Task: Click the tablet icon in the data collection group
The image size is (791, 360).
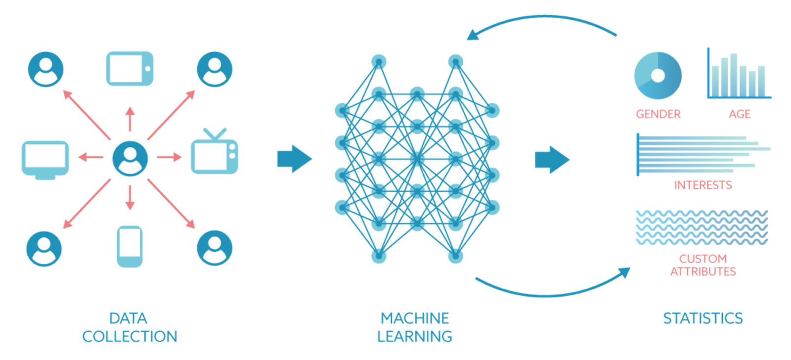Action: (130, 69)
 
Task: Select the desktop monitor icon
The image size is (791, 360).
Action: (45, 159)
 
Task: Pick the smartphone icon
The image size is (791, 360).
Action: (130, 246)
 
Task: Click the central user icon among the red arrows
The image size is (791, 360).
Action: (130, 158)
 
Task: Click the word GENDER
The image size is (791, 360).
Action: (658, 114)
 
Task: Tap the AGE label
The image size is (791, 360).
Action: (739, 114)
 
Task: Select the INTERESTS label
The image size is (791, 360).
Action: (703, 185)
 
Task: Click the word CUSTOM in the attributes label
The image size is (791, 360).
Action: (703, 259)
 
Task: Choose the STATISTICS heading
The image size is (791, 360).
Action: (703, 318)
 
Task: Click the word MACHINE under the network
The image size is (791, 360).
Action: (414, 318)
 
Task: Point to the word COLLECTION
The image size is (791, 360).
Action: (130, 336)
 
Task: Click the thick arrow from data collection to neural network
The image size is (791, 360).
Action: (295, 159)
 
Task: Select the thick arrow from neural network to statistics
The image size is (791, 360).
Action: (552, 160)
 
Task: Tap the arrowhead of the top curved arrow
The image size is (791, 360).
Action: (472, 35)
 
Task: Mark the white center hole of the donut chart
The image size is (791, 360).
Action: (658, 76)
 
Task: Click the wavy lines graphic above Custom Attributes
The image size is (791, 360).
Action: (702, 227)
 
